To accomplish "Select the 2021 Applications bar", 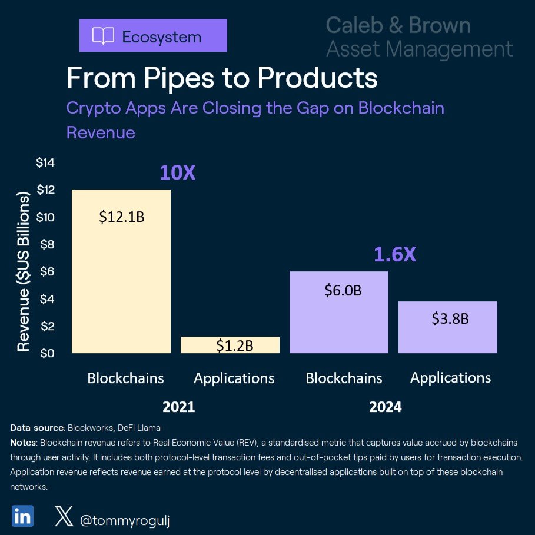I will [230, 345].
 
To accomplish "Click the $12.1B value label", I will [121, 217].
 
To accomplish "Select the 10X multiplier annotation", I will [177, 172].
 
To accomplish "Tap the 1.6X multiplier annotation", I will [395, 254].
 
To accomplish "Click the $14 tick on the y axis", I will [45, 163].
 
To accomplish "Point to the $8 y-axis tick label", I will [47, 245].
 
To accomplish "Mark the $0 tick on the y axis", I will [47, 354].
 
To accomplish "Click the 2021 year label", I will [178, 407].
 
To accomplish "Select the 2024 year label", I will [385, 407].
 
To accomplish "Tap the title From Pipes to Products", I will [221, 78].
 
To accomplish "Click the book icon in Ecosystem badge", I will [103, 36].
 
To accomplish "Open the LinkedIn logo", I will [22, 515].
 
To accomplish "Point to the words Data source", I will [37, 428].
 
